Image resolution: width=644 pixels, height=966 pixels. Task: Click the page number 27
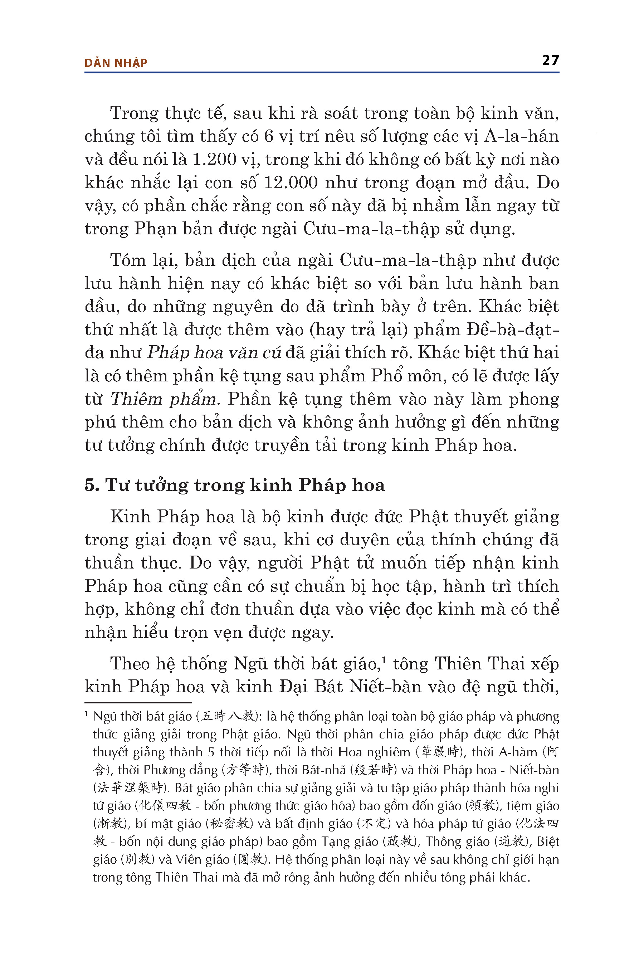(550, 60)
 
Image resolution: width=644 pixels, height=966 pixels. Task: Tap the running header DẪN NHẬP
(116, 63)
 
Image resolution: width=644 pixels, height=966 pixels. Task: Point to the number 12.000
(291, 182)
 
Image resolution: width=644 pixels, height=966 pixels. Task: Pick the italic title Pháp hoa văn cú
(214, 352)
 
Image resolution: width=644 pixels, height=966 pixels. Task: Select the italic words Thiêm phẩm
(164, 399)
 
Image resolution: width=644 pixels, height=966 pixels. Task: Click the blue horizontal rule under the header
(322, 73)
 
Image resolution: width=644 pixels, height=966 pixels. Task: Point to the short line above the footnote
(138, 703)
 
